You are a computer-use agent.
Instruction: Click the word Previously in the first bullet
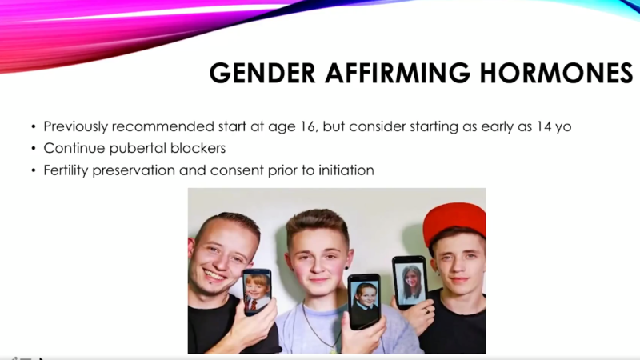point(78,126)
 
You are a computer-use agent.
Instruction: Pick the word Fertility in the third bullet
point(67,170)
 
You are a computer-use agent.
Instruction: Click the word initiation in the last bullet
point(345,170)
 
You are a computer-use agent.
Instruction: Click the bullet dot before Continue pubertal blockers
point(34,149)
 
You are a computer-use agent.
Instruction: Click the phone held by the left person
point(257,291)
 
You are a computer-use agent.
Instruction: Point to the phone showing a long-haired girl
point(410,282)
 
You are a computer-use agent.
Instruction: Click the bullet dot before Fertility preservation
point(34,171)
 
